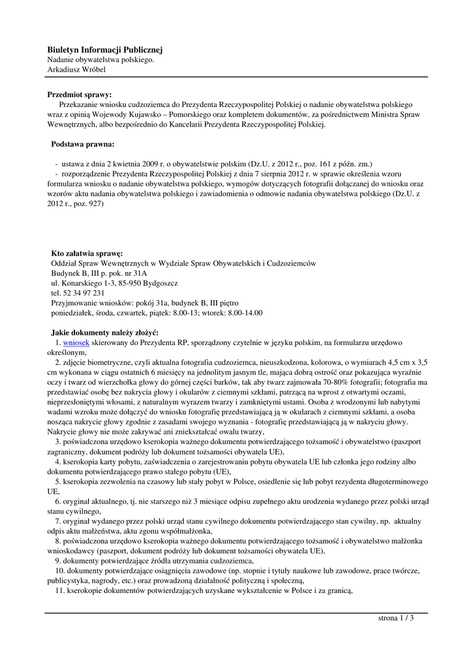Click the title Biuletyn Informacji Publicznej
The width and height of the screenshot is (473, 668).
tap(104, 50)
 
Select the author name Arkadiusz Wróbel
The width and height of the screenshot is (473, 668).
tap(76, 69)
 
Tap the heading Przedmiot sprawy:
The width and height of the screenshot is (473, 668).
tap(79, 95)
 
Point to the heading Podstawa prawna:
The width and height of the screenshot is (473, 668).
tap(83, 144)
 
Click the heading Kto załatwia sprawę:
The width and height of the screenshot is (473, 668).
tap(87, 253)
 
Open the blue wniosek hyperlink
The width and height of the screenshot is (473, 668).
tap(76, 342)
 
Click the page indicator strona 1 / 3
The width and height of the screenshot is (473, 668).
tap(396, 618)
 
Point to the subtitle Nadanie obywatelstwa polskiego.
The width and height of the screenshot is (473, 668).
tap(100, 59)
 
